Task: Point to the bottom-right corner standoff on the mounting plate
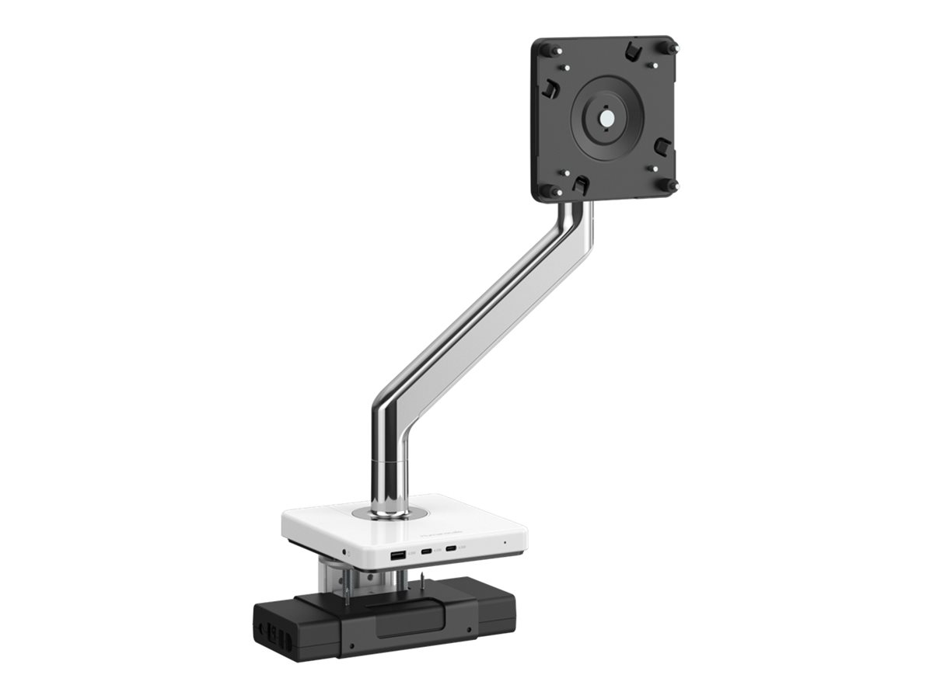673,186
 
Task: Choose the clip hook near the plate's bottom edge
580,184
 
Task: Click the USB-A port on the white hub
397,556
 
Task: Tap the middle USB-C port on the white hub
427,554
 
